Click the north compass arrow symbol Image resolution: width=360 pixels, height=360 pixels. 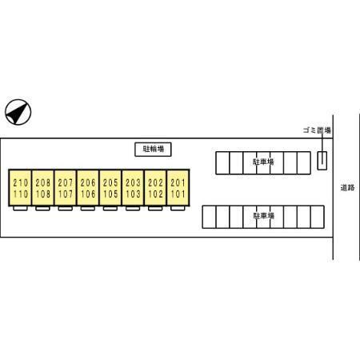[18, 112]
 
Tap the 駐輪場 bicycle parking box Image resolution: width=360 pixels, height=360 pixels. [153, 150]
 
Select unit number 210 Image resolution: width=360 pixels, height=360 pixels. [21, 183]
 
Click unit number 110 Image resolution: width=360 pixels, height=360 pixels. [21, 194]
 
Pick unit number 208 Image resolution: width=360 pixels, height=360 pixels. [43, 183]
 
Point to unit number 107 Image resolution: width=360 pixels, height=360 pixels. [66, 194]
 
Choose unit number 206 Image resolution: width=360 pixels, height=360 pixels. [88, 183]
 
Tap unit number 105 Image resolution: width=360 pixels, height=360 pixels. [110, 194]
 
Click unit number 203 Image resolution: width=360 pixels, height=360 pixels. [133, 183]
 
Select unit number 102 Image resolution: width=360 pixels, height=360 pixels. [155, 194]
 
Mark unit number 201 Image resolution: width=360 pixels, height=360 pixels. [178, 183]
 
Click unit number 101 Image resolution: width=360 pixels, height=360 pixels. [178, 194]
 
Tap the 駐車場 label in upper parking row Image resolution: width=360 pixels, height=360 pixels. [263, 162]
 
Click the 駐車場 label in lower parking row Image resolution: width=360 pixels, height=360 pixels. [264, 215]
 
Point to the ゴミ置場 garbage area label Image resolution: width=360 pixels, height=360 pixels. [317, 130]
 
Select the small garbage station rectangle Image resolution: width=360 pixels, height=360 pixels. [322, 161]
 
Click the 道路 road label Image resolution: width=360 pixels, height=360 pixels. [347, 188]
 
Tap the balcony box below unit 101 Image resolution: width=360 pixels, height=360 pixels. [178, 209]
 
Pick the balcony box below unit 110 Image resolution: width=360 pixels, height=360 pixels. [20, 209]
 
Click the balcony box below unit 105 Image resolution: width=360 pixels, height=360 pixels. [110, 209]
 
